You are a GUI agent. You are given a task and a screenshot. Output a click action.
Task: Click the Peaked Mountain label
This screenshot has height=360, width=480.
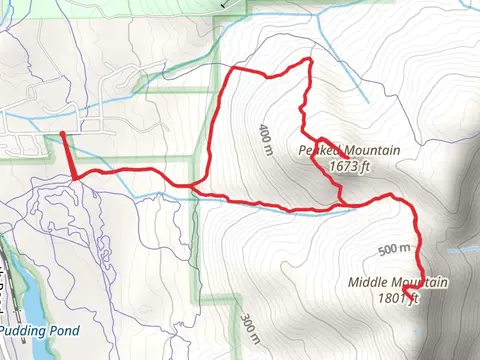pyautogui.click(x=349, y=151)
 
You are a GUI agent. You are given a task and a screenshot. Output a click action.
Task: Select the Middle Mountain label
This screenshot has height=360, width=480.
pyautogui.click(x=398, y=283)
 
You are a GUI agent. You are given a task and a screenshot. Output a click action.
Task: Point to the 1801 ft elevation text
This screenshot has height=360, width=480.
pyautogui.click(x=398, y=298)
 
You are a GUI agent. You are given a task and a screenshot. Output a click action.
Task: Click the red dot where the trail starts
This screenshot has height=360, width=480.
pyautogui.click(x=63, y=132)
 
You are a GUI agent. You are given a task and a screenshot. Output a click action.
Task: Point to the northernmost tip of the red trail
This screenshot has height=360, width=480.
pyautogui.click(x=309, y=61)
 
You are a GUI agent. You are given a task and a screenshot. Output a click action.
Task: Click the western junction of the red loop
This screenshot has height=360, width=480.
pyautogui.click(x=193, y=187)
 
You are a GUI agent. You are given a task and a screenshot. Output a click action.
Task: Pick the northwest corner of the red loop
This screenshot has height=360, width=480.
pyautogui.click(x=233, y=70)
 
